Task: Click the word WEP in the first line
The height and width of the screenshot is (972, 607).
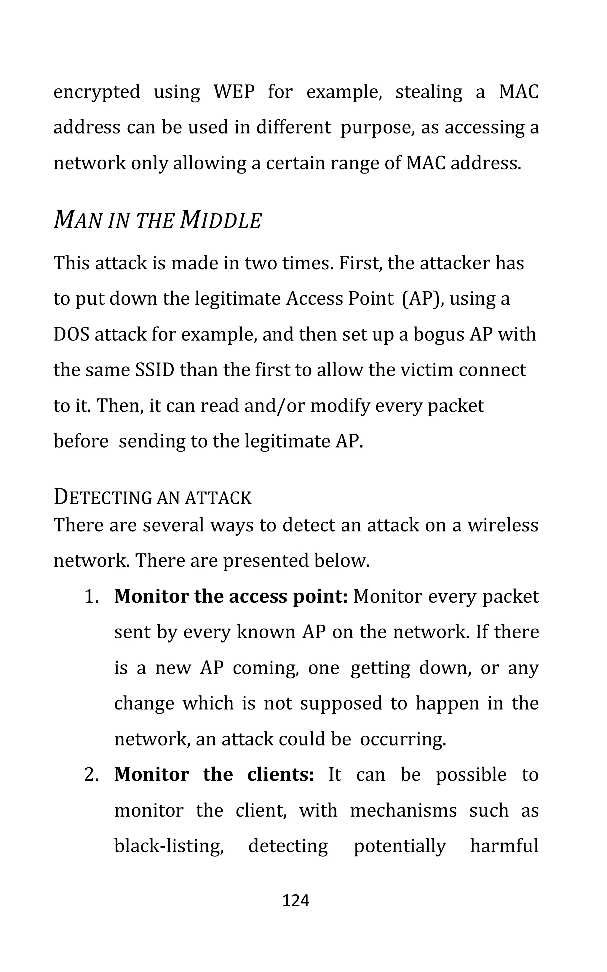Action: tap(234, 92)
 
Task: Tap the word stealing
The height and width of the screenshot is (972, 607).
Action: tap(429, 92)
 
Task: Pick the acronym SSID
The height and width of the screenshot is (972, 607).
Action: tap(154, 370)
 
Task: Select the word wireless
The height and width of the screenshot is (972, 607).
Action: tap(503, 525)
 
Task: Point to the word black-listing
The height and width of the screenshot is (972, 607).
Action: tap(169, 846)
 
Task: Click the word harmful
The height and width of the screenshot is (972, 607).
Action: tap(504, 846)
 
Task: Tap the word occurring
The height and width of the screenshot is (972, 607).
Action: tap(403, 739)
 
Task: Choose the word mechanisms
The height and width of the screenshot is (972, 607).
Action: tap(403, 811)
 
